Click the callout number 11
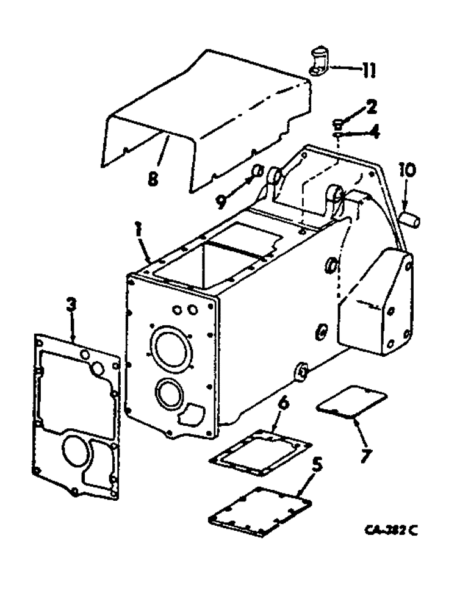pyautogui.click(x=367, y=71)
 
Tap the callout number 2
pyautogui.click(x=371, y=109)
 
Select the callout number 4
pyautogui.click(x=373, y=131)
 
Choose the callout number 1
pyautogui.click(x=139, y=232)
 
